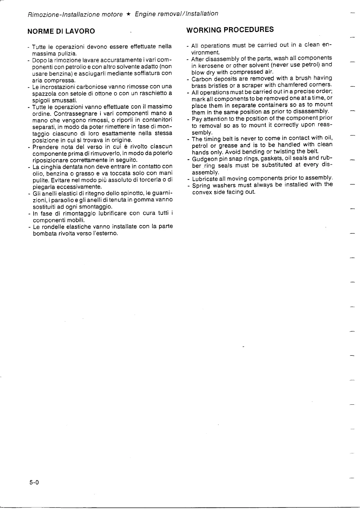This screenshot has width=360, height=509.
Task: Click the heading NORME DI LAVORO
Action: coord(61,31)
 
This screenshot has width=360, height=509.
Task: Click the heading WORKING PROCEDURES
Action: coord(230,30)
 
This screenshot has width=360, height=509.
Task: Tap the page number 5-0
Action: coord(34,482)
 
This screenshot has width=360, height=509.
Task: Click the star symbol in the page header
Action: coord(129,14)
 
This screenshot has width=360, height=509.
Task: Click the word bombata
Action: coord(44,233)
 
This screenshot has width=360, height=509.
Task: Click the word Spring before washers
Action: coord(201,185)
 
